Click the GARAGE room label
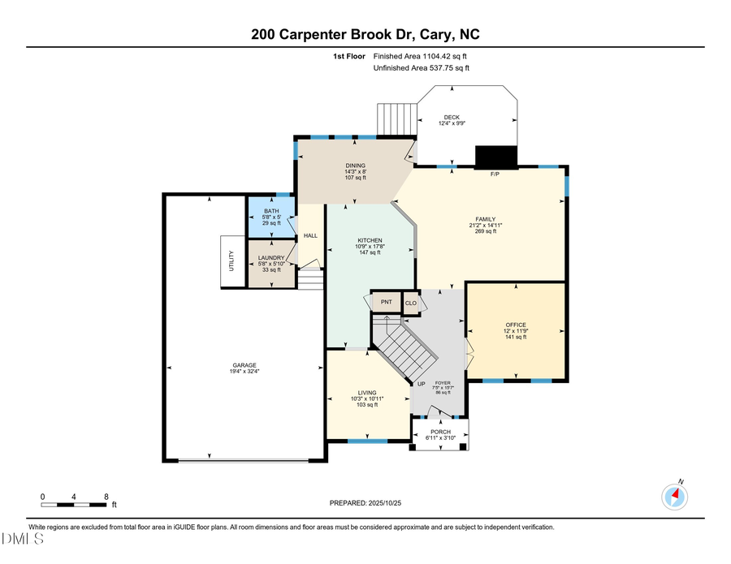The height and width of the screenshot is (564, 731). pyautogui.click(x=244, y=365)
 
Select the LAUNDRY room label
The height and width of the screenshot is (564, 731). pyautogui.click(x=270, y=258)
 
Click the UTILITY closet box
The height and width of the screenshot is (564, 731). pyautogui.click(x=231, y=260)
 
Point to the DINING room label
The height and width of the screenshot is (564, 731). pyautogui.click(x=355, y=166)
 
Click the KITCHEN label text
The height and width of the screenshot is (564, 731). pyautogui.click(x=370, y=241)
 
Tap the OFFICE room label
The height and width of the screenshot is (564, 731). pyautogui.click(x=516, y=325)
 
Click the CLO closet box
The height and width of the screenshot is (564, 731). pyautogui.click(x=411, y=303)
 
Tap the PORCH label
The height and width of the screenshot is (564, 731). pyautogui.click(x=440, y=432)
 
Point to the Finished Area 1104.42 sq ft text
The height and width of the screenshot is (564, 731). pyautogui.click(x=420, y=56)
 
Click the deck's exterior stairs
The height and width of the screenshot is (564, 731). pyautogui.click(x=396, y=119)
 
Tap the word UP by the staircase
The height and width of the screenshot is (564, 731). pyautogui.click(x=421, y=384)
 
